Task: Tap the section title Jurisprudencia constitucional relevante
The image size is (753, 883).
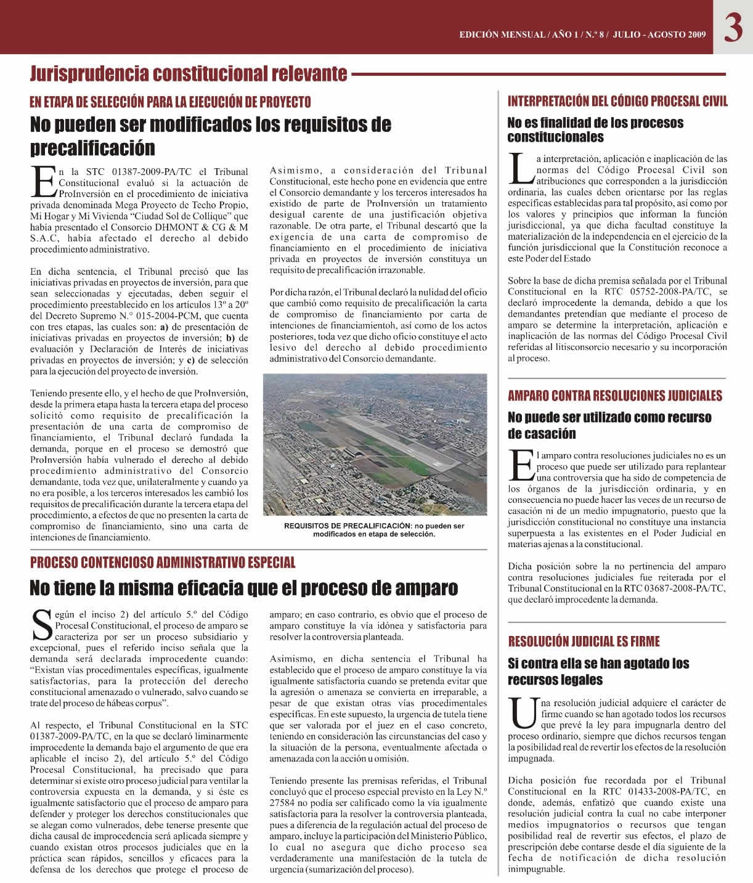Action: (x=189, y=74)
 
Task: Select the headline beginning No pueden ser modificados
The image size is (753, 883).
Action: (x=211, y=136)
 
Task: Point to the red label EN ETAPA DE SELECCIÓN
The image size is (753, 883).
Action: (x=171, y=102)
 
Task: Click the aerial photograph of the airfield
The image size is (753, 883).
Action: (x=375, y=444)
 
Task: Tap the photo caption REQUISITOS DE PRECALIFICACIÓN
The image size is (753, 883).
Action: (x=374, y=530)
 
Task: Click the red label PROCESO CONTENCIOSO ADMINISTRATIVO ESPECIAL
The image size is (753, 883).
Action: (x=163, y=562)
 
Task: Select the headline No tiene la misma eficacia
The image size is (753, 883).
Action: (x=244, y=588)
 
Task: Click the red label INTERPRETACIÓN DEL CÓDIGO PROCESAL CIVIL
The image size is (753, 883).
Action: (x=617, y=101)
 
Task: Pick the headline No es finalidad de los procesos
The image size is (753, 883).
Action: (x=595, y=129)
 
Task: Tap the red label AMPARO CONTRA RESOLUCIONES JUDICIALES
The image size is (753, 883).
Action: (x=615, y=396)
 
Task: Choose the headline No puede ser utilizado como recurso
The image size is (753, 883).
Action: (x=609, y=425)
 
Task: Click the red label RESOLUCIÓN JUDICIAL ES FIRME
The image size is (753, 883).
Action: (x=584, y=641)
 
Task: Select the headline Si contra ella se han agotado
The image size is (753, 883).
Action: (x=598, y=672)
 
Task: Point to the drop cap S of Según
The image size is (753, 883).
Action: (x=42, y=625)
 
